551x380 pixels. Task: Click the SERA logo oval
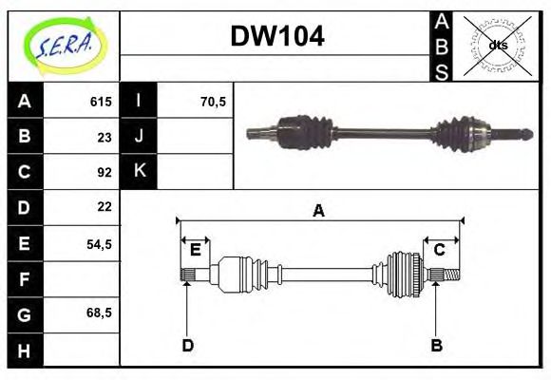pyautogui.click(x=64, y=46)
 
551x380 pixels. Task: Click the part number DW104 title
pyautogui.click(x=277, y=37)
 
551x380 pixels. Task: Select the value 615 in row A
pyautogui.click(x=101, y=102)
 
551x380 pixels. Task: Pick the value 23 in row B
pyautogui.click(x=104, y=137)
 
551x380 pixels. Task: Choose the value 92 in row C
pyautogui.click(x=104, y=172)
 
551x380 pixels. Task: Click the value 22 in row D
pyautogui.click(x=104, y=206)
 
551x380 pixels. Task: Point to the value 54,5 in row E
pyautogui.click(x=99, y=243)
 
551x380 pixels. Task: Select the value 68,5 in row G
pyautogui.click(x=99, y=312)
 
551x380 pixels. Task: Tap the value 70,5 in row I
pyautogui.click(x=213, y=102)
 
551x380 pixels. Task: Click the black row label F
pyautogui.click(x=25, y=278)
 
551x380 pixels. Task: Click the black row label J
pyautogui.click(x=139, y=137)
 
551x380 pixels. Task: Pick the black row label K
pyautogui.click(x=139, y=172)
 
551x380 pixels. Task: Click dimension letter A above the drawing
pyautogui.click(x=319, y=211)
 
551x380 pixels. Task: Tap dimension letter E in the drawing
pyautogui.click(x=195, y=250)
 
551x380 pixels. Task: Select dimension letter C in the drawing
pyautogui.click(x=440, y=250)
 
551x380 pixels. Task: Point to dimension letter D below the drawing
pyautogui.click(x=188, y=345)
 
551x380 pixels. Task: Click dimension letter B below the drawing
pyautogui.click(x=437, y=345)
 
